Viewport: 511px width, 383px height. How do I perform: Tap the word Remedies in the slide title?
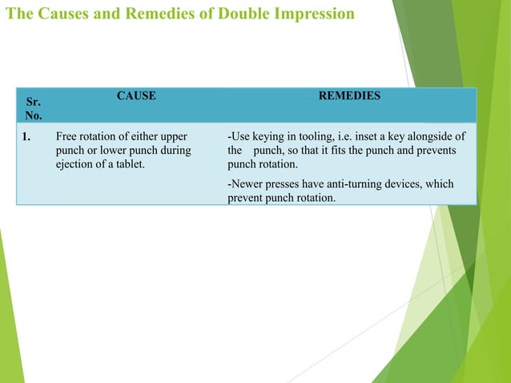point(139,14)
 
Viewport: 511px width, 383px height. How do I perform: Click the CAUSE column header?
point(136,96)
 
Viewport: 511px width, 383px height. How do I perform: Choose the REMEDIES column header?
point(349,96)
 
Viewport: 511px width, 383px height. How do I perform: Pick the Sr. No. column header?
point(34,109)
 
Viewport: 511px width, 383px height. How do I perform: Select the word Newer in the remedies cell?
point(247,184)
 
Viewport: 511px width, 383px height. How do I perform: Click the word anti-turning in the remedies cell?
point(357,184)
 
